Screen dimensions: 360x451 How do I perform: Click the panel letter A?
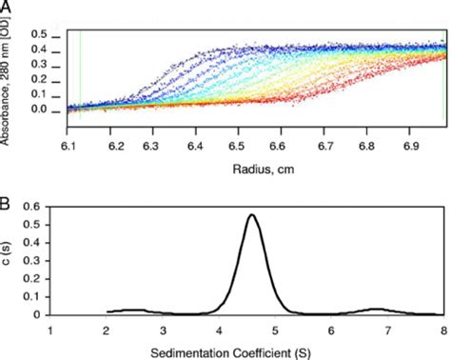[x=8, y=9]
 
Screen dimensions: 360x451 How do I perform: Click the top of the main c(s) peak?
[x=251, y=215]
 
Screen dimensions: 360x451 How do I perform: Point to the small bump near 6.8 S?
[x=378, y=309]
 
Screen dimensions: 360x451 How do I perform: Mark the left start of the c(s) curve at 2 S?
[x=108, y=311]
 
